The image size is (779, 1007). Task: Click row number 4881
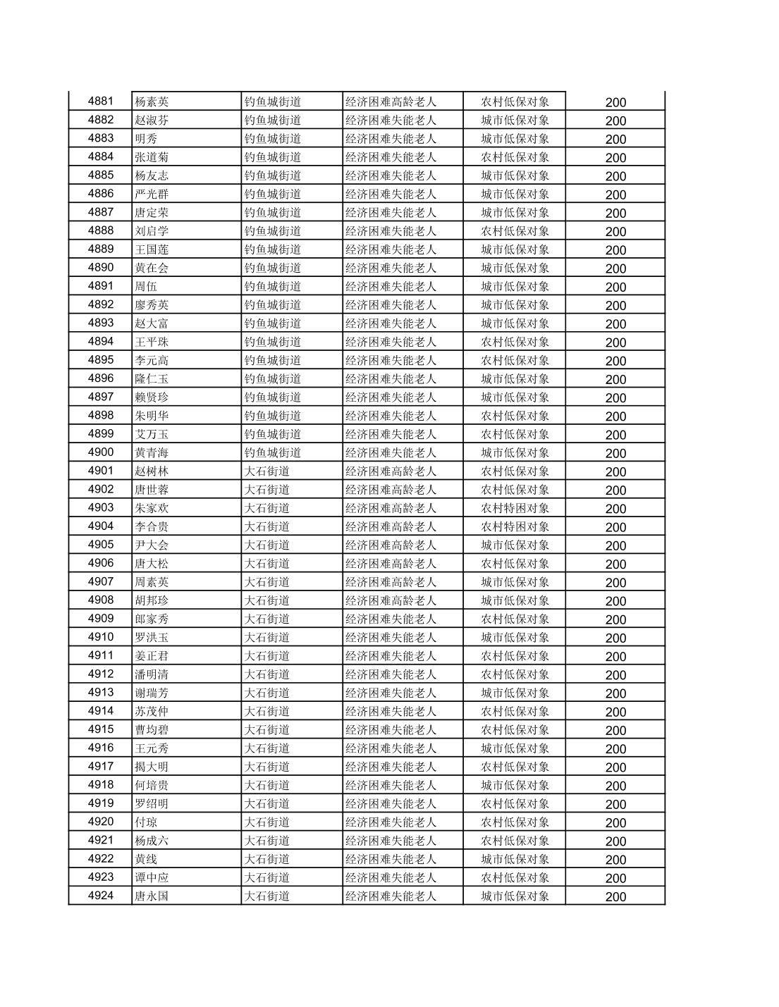click(100, 101)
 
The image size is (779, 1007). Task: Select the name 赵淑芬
click(152, 121)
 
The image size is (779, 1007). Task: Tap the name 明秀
click(146, 139)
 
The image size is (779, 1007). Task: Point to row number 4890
click(100, 268)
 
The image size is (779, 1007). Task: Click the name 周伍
click(146, 286)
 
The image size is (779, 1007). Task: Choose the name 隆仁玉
click(152, 378)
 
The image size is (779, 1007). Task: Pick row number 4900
click(100, 452)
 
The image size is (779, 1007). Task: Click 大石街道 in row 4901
click(267, 471)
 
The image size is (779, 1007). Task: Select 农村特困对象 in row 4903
click(515, 508)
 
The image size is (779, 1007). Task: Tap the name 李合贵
click(152, 526)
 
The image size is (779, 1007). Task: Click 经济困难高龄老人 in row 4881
click(391, 101)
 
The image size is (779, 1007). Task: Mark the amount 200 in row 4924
click(615, 897)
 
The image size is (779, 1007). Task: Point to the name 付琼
click(146, 822)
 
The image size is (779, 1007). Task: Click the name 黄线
click(146, 859)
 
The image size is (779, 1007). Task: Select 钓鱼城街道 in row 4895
click(273, 360)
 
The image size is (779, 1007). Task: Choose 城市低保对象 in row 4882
click(515, 121)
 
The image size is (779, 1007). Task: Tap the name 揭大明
click(152, 767)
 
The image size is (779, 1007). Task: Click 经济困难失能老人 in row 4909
click(391, 619)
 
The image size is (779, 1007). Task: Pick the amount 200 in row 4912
click(615, 675)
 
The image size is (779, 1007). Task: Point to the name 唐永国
click(152, 896)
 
